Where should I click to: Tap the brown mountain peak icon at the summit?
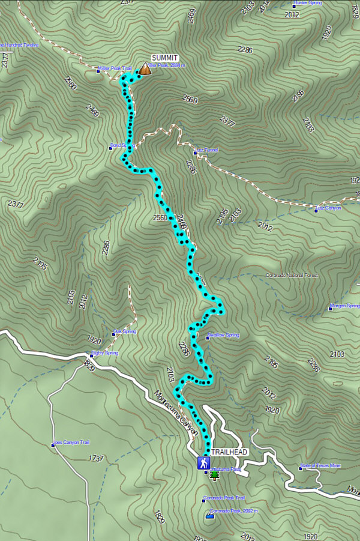(x=145, y=70)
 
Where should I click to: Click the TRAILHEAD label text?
(x=229, y=452)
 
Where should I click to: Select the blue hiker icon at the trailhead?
(x=205, y=463)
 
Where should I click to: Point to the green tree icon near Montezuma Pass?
(x=214, y=476)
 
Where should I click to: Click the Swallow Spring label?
(x=223, y=335)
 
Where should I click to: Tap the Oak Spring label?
(x=125, y=331)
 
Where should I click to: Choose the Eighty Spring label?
(x=104, y=353)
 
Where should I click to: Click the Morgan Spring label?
(x=345, y=306)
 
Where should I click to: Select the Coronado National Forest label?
(x=292, y=276)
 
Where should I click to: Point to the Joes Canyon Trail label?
(x=71, y=443)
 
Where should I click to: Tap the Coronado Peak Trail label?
(x=224, y=498)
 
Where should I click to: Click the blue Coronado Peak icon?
(x=209, y=515)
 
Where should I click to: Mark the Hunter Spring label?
(x=307, y=3)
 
